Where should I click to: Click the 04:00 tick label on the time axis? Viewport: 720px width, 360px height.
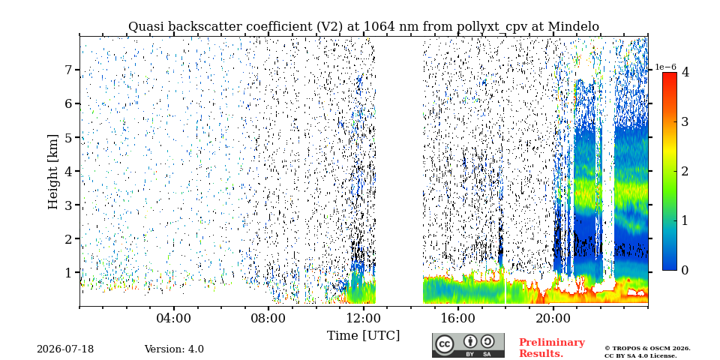pyautogui.click(x=174, y=318)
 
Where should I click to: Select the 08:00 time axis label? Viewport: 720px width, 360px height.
pyautogui.click(x=268, y=318)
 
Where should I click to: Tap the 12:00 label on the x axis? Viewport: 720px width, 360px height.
pyautogui.click(x=363, y=318)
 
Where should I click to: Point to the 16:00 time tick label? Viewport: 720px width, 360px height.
pyautogui.click(x=457, y=318)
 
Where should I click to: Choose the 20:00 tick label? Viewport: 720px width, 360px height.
pyautogui.click(x=553, y=318)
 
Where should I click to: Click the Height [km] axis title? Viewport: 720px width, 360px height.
pyautogui.click(x=54, y=172)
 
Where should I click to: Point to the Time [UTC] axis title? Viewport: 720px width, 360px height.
pyautogui.click(x=363, y=336)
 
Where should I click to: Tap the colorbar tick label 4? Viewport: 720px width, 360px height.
pyautogui.click(x=685, y=72)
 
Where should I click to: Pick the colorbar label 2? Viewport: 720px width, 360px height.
pyautogui.click(x=685, y=171)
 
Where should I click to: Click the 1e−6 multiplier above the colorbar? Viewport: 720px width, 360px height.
pyautogui.click(x=665, y=67)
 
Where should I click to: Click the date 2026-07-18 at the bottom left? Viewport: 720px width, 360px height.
pyautogui.click(x=65, y=349)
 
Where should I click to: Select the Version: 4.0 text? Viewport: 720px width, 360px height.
pyautogui.click(x=174, y=349)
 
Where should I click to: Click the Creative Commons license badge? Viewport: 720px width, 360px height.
pyautogui.click(x=468, y=345)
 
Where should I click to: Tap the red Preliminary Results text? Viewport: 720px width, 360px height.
pyautogui.click(x=551, y=348)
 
